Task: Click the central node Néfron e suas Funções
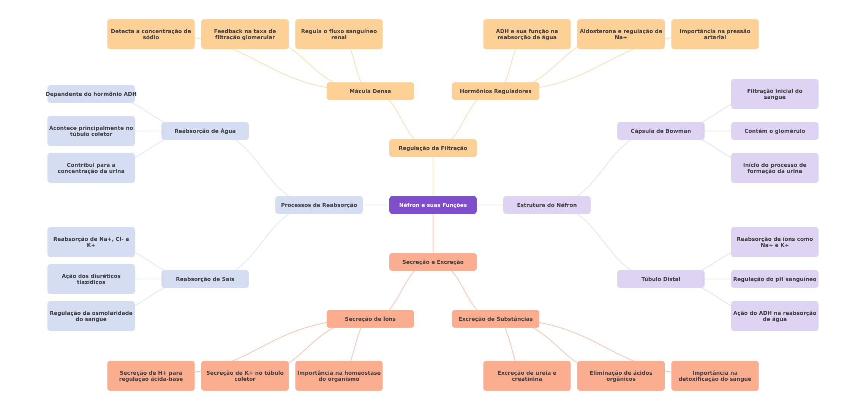coord(433,205)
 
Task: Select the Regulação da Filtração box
coord(433,148)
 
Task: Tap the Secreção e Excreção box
coord(433,262)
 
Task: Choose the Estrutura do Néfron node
coord(547,205)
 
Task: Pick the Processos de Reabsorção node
coord(319,205)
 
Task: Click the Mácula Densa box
coord(370,91)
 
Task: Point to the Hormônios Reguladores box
coord(496,91)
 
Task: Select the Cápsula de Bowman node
coord(661,131)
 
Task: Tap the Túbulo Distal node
coord(661,279)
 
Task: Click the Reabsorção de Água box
coord(205,131)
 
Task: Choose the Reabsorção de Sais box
coord(205,279)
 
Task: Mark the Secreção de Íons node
coord(370,319)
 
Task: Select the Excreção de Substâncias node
coord(496,319)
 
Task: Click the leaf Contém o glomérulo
coord(775,131)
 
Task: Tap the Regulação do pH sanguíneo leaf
coord(775,279)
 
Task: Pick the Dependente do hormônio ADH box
coord(91,94)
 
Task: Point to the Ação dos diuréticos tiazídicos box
coord(91,279)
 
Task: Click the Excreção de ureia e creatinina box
coord(527,376)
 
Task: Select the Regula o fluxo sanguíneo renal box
coord(339,34)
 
